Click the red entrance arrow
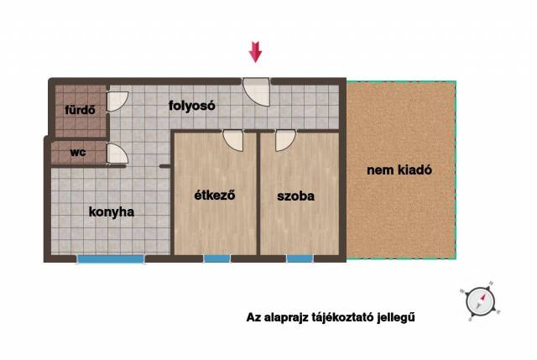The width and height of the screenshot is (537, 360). click(x=255, y=52)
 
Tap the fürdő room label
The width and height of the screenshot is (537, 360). click(x=81, y=110)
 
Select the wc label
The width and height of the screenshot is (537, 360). click(x=78, y=152)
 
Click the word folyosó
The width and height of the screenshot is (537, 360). click(x=192, y=106)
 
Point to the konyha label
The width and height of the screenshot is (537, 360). click(x=112, y=211)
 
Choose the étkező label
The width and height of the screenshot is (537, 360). click(x=215, y=195)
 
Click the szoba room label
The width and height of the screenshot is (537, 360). click(x=296, y=196)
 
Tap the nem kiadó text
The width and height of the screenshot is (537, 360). click(x=399, y=170)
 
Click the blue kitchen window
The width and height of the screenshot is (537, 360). click(x=111, y=259)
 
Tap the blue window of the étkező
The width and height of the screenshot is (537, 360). click(x=217, y=259)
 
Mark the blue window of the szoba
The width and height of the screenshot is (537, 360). click(x=300, y=259)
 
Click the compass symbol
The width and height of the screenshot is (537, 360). click(x=480, y=301)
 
